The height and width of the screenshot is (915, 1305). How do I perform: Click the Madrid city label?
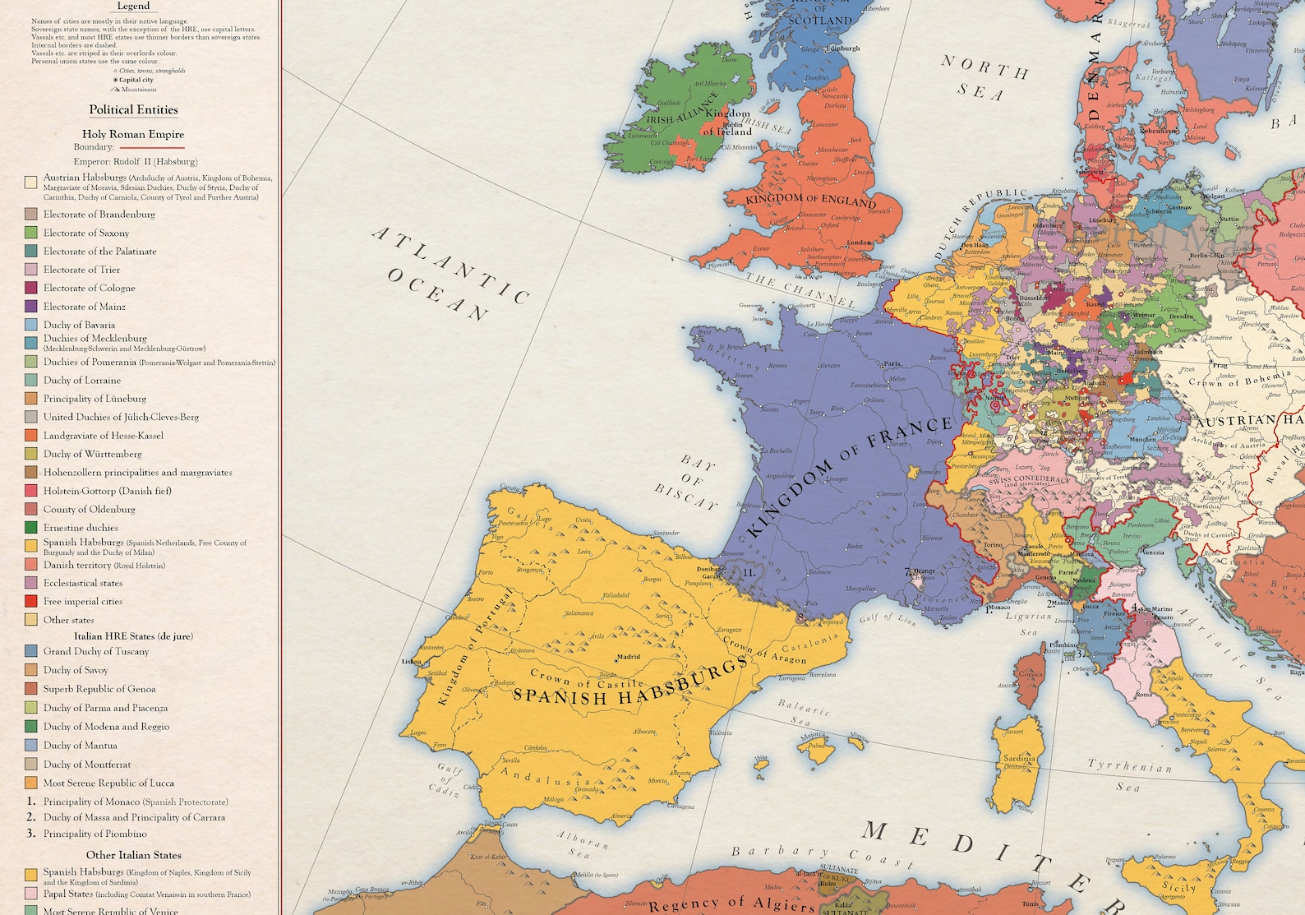pos(629,657)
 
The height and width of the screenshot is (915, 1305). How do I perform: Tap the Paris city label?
pos(892,363)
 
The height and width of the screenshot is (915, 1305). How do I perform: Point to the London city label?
pos(859,243)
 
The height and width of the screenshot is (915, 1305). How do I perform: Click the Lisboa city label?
pos(411,661)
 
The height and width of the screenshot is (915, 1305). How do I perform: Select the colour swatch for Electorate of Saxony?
pos(30,233)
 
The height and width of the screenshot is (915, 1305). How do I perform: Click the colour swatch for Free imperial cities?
pos(30,602)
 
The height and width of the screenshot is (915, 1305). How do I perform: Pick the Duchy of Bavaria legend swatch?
pos(30,326)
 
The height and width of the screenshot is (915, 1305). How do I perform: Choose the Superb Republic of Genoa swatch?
pos(30,689)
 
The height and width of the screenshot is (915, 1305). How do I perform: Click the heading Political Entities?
pos(133,110)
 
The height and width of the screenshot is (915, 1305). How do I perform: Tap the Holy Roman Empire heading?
pos(133,134)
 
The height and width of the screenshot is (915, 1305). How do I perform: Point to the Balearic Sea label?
pos(804,712)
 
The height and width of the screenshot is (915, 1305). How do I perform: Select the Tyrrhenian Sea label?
pos(1129,773)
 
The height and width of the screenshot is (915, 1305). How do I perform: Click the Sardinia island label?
pos(1019,758)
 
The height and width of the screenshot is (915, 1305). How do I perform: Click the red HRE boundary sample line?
pos(152,148)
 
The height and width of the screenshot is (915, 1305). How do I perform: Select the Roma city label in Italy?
pos(1143,695)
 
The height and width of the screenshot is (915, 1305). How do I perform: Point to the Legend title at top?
pos(133,6)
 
